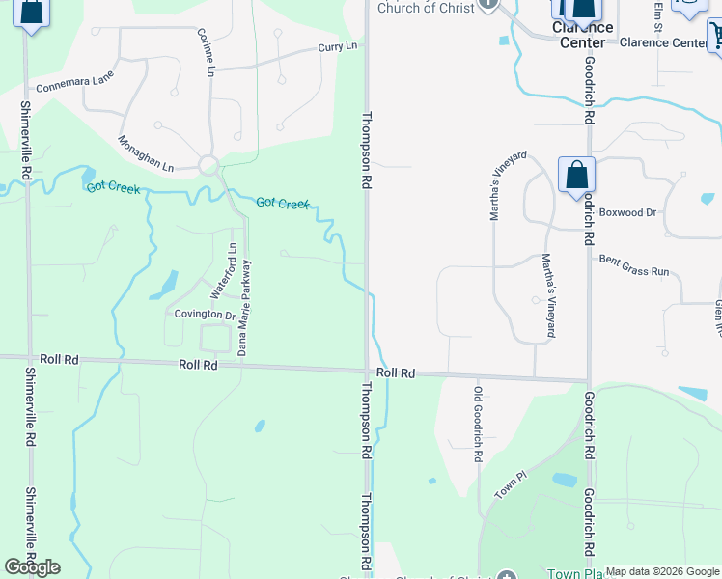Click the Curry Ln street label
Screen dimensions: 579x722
[x=338, y=46]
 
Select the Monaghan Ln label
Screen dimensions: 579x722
[x=146, y=152]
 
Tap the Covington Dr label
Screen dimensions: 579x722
[x=205, y=315]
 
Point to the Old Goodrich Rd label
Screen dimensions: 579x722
[x=477, y=424]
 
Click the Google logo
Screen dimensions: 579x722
[x=32, y=567]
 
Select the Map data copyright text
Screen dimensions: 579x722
[x=662, y=571]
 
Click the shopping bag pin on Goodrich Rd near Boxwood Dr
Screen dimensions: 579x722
[x=576, y=176]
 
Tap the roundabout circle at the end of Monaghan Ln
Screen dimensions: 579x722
[x=208, y=165]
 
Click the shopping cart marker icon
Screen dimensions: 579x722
[x=715, y=37]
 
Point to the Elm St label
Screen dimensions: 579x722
[x=658, y=15]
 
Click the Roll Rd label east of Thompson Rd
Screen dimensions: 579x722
[x=395, y=372]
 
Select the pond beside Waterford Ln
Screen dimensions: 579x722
[x=166, y=284]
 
